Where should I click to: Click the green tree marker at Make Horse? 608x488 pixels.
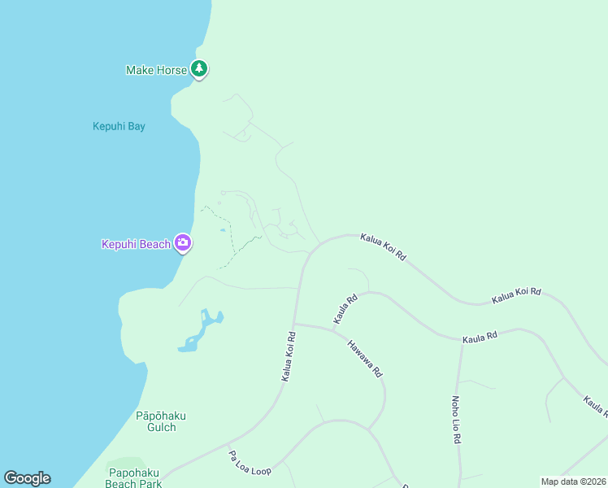199,69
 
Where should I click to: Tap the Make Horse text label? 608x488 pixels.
157,70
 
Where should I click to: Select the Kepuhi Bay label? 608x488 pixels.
119,126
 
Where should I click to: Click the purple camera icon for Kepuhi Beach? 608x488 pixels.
183,242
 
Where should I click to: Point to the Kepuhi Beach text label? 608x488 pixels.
136,244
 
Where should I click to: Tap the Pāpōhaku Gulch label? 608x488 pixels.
161,421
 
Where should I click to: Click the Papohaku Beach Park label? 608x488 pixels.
135,477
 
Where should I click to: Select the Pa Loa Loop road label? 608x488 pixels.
250,463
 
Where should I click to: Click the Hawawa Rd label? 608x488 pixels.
364,358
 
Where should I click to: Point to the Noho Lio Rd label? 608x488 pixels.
456,420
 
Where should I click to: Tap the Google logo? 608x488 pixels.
27,478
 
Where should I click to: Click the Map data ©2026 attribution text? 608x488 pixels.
573,481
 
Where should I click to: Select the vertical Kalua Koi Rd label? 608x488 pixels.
289,356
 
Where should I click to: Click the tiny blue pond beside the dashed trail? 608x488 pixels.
222,231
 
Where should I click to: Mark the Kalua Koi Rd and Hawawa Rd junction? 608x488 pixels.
294,324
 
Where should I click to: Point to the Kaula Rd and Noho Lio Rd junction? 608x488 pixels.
463,342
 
